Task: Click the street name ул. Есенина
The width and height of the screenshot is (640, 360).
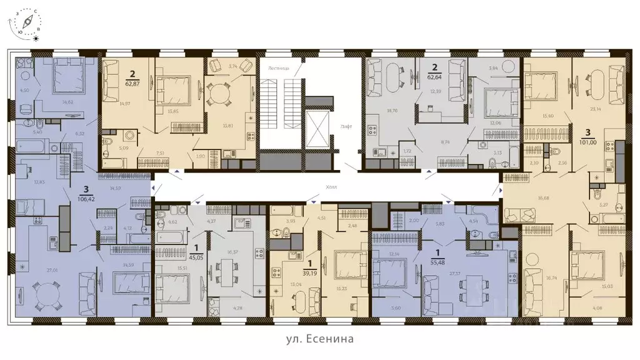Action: pos(320,339)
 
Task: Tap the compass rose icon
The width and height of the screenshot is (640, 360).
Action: pos(27,24)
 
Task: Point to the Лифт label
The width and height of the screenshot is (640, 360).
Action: pos(346,126)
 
